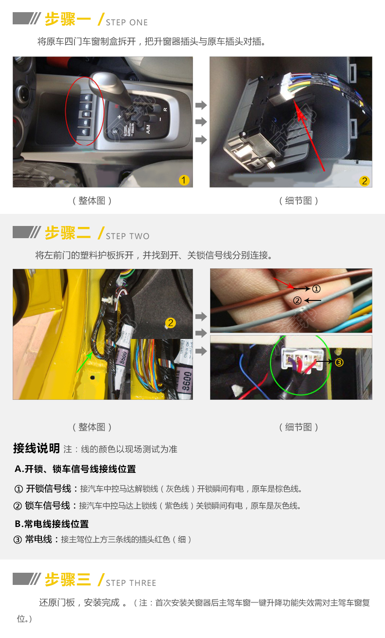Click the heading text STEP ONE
tap(127, 22)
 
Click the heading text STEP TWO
tap(127, 236)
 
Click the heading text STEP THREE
tap(131, 583)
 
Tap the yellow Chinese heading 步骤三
tap(68, 580)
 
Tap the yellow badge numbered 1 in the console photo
tap(184, 180)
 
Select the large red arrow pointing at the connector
tap(309, 134)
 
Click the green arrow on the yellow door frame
tap(84, 362)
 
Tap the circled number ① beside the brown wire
tap(316, 289)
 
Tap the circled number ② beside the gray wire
tap(297, 300)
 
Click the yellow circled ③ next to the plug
tap(339, 362)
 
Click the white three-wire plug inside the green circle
tap(303, 358)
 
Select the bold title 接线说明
tap(37, 449)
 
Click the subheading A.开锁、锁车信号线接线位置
tap(75, 469)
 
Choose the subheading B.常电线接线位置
tap(52, 524)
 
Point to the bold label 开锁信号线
tap(48, 489)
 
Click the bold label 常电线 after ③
tap(38, 539)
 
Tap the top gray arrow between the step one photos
tap(201, 105)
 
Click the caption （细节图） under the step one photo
tap(298, 201)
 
